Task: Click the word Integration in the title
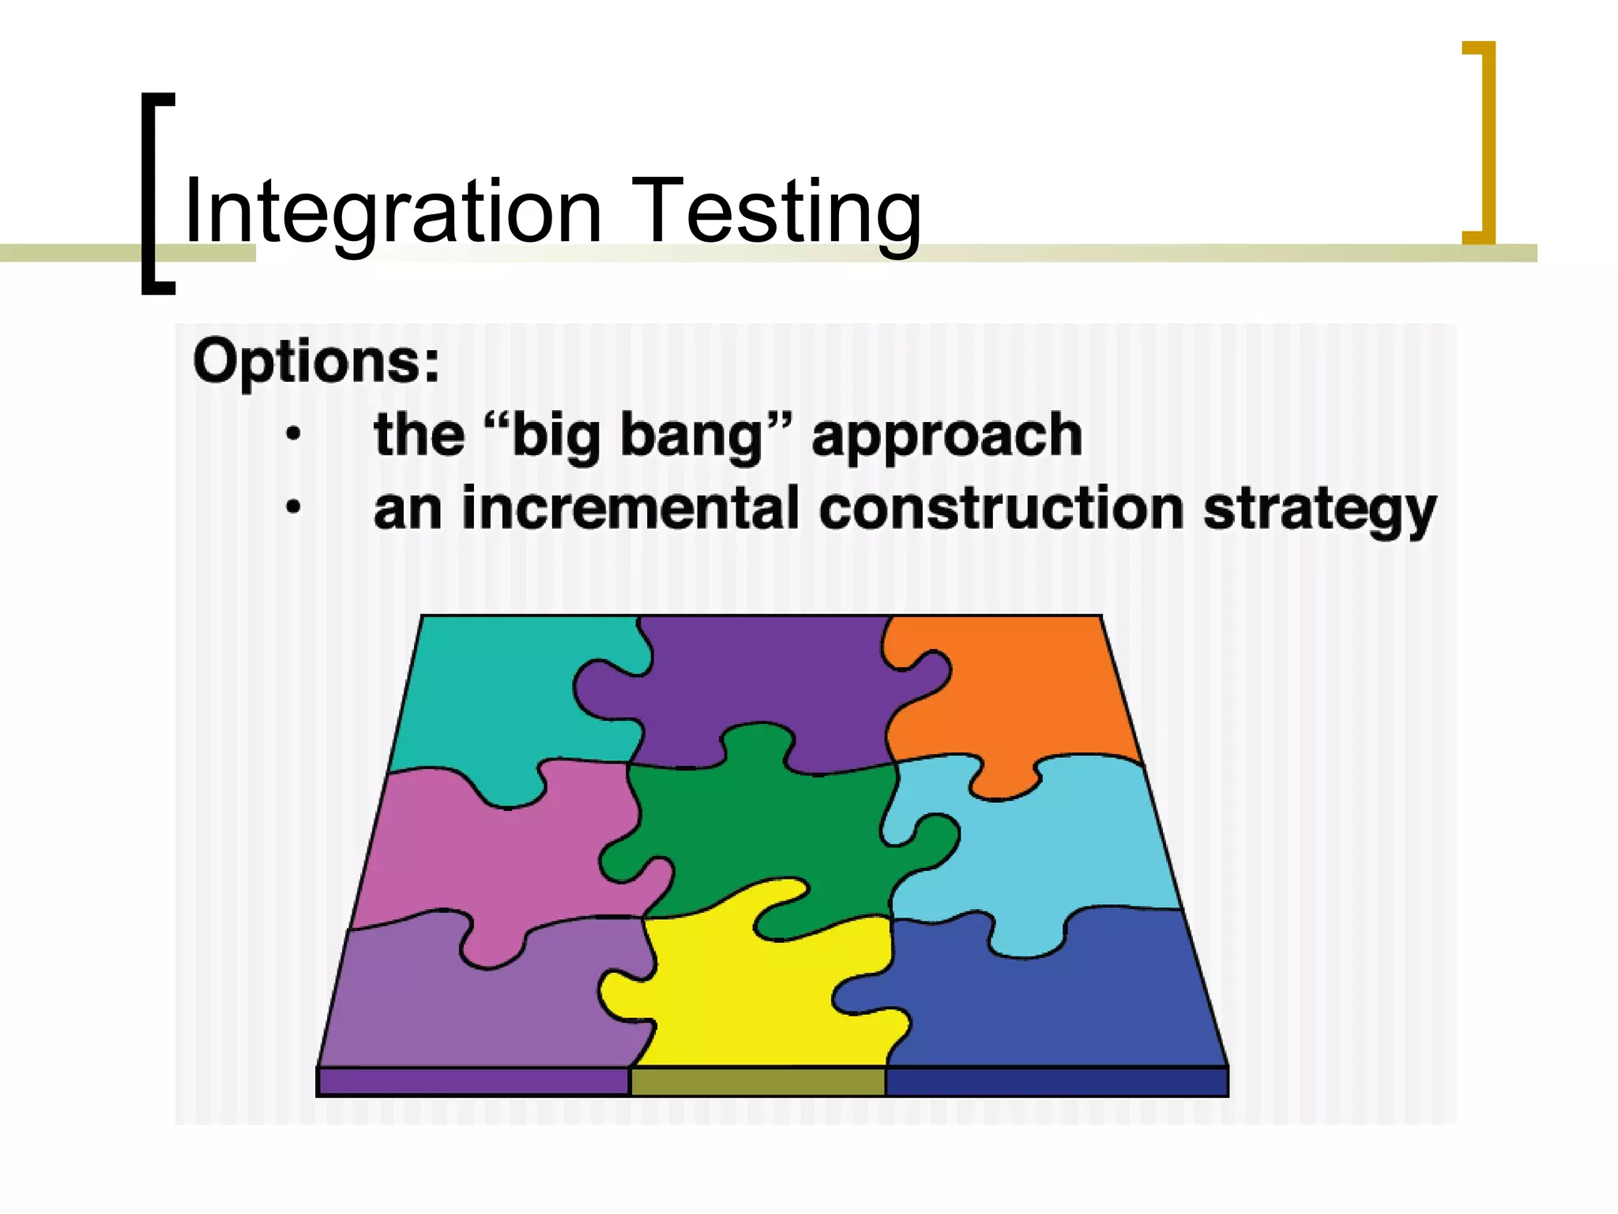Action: point(393,212)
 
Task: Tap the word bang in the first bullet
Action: point(703,435)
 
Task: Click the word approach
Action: point(946,435)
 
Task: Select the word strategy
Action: point(1319,510)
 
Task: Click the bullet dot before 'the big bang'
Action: point(293,434)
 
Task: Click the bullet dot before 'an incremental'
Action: point(293,507)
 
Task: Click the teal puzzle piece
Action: point(490,696)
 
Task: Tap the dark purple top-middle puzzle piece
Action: point(758,680)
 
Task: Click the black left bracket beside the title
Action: point(149,194)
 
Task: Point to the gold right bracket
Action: point(1486,142)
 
